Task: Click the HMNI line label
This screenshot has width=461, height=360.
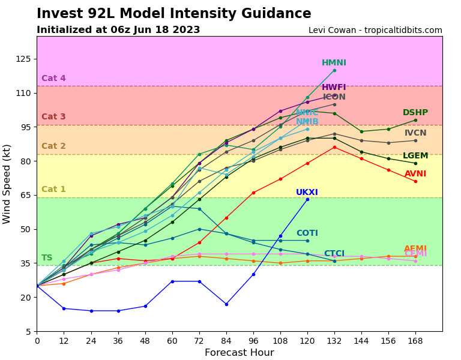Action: tap(334, 63)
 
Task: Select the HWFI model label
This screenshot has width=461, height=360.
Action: tap(334, 88)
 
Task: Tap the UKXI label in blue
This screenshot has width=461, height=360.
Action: tap(307, 193)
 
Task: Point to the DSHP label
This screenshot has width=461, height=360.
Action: tap(415, 113)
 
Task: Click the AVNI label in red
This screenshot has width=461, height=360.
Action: tap(415, 174)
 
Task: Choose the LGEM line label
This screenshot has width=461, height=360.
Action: tap(415, 156)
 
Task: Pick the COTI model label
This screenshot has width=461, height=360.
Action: tap(307, 233)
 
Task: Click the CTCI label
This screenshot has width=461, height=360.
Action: tap(334, 254)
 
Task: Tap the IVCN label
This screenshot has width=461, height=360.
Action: tap(415, 133)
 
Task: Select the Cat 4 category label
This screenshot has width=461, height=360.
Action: tap(53, 79)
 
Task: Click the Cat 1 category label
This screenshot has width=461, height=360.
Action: tap(53, 190)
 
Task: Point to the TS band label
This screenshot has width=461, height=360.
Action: tap(47, 258)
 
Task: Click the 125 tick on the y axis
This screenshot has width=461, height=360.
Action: tap(23, 59)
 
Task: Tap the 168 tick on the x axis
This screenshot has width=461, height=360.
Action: tap(415, 340)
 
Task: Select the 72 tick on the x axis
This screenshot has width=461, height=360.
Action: tap(199, 340)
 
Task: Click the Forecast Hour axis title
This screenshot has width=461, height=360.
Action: tap(239, 353)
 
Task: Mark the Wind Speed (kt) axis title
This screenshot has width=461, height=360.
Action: tap(7, 184)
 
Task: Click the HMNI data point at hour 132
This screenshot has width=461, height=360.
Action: tap(334, 70)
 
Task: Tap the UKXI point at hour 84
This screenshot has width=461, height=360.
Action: tap(226, 304)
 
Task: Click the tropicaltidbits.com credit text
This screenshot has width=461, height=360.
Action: tap(375, 31)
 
